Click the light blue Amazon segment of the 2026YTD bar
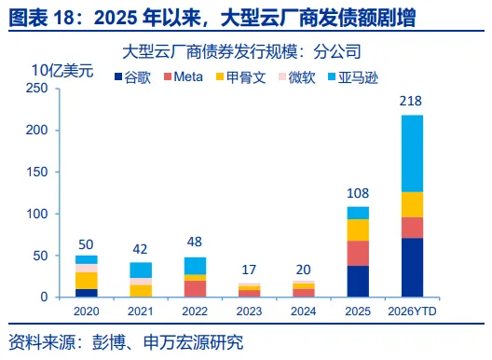[x=412, y=154]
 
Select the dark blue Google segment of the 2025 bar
[x=358, y=281]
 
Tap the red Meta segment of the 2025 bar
[x=358, y=254]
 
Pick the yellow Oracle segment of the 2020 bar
[x=87, y=281]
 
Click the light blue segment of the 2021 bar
[x=141, y=270]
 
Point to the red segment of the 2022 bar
[x=195, y=289]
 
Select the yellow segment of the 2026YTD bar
[x=412, y=204]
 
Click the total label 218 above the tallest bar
[x=410, y=101]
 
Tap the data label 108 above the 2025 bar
[x=358, y=193]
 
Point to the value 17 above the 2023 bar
[x=249, y=270]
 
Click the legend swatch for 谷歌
[x=118, y=76]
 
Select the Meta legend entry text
[x=188, y=77]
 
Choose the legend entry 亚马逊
[x=358, y=77]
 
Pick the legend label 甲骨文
[x=246, y=77]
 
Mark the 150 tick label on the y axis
[x=37, y=172]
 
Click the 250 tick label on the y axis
[x=37, y=89]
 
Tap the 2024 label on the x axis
[x=303, y=312]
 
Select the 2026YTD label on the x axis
[x=412, y=312]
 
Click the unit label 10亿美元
[x=62, y=70]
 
